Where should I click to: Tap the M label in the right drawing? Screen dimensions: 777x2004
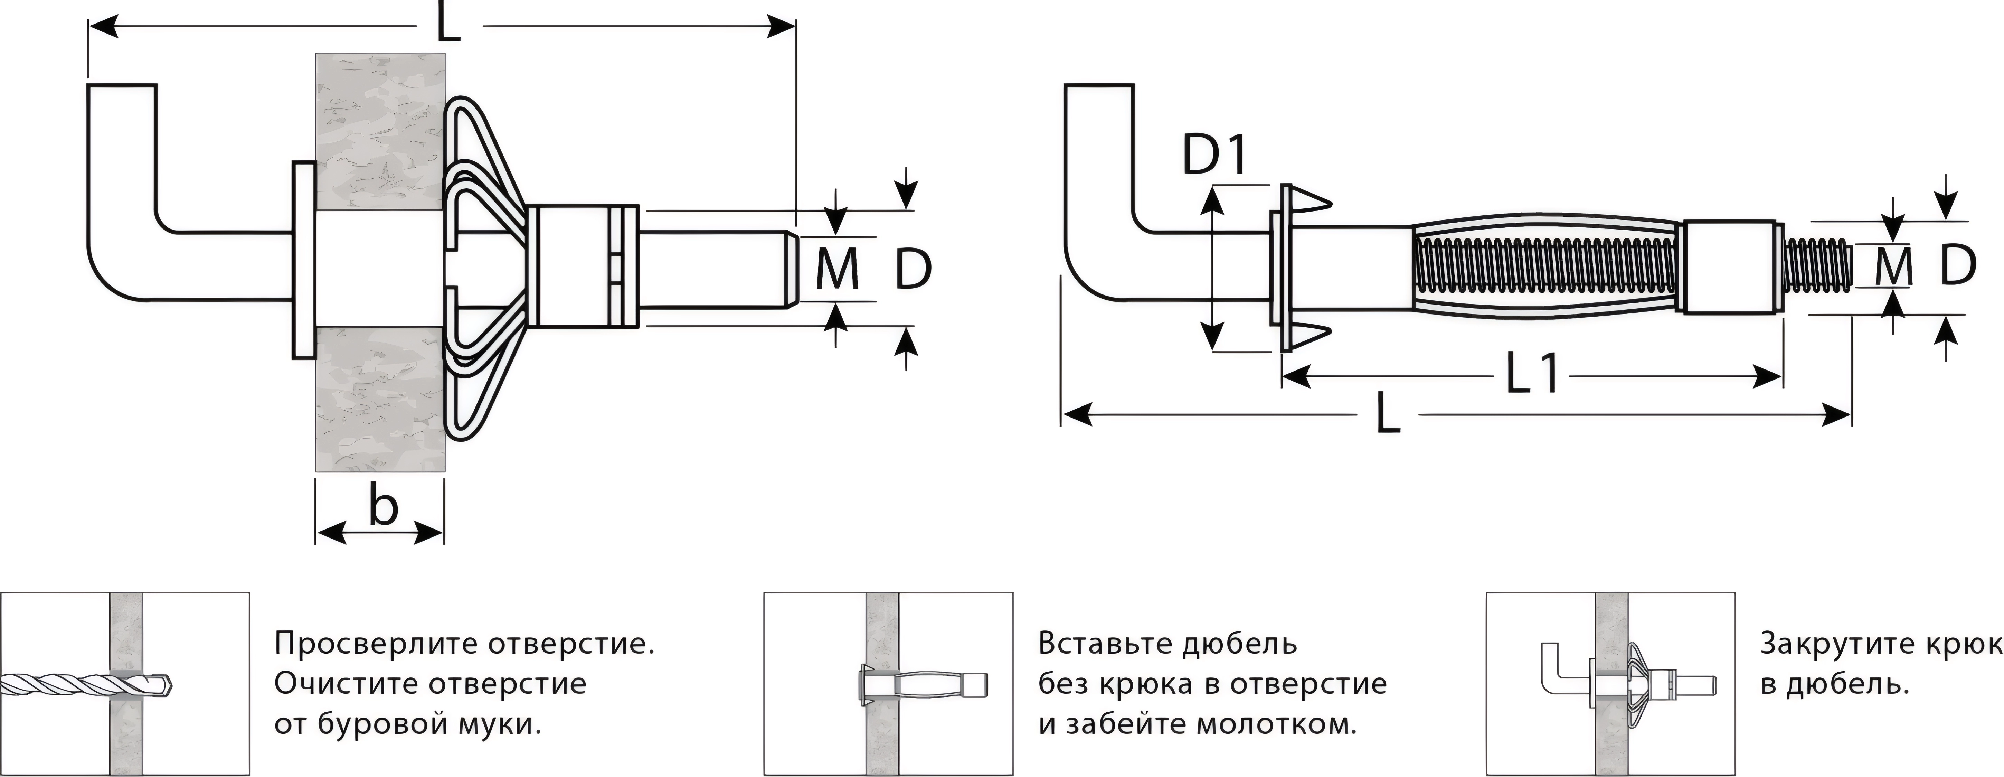(x=1893, y=267)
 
